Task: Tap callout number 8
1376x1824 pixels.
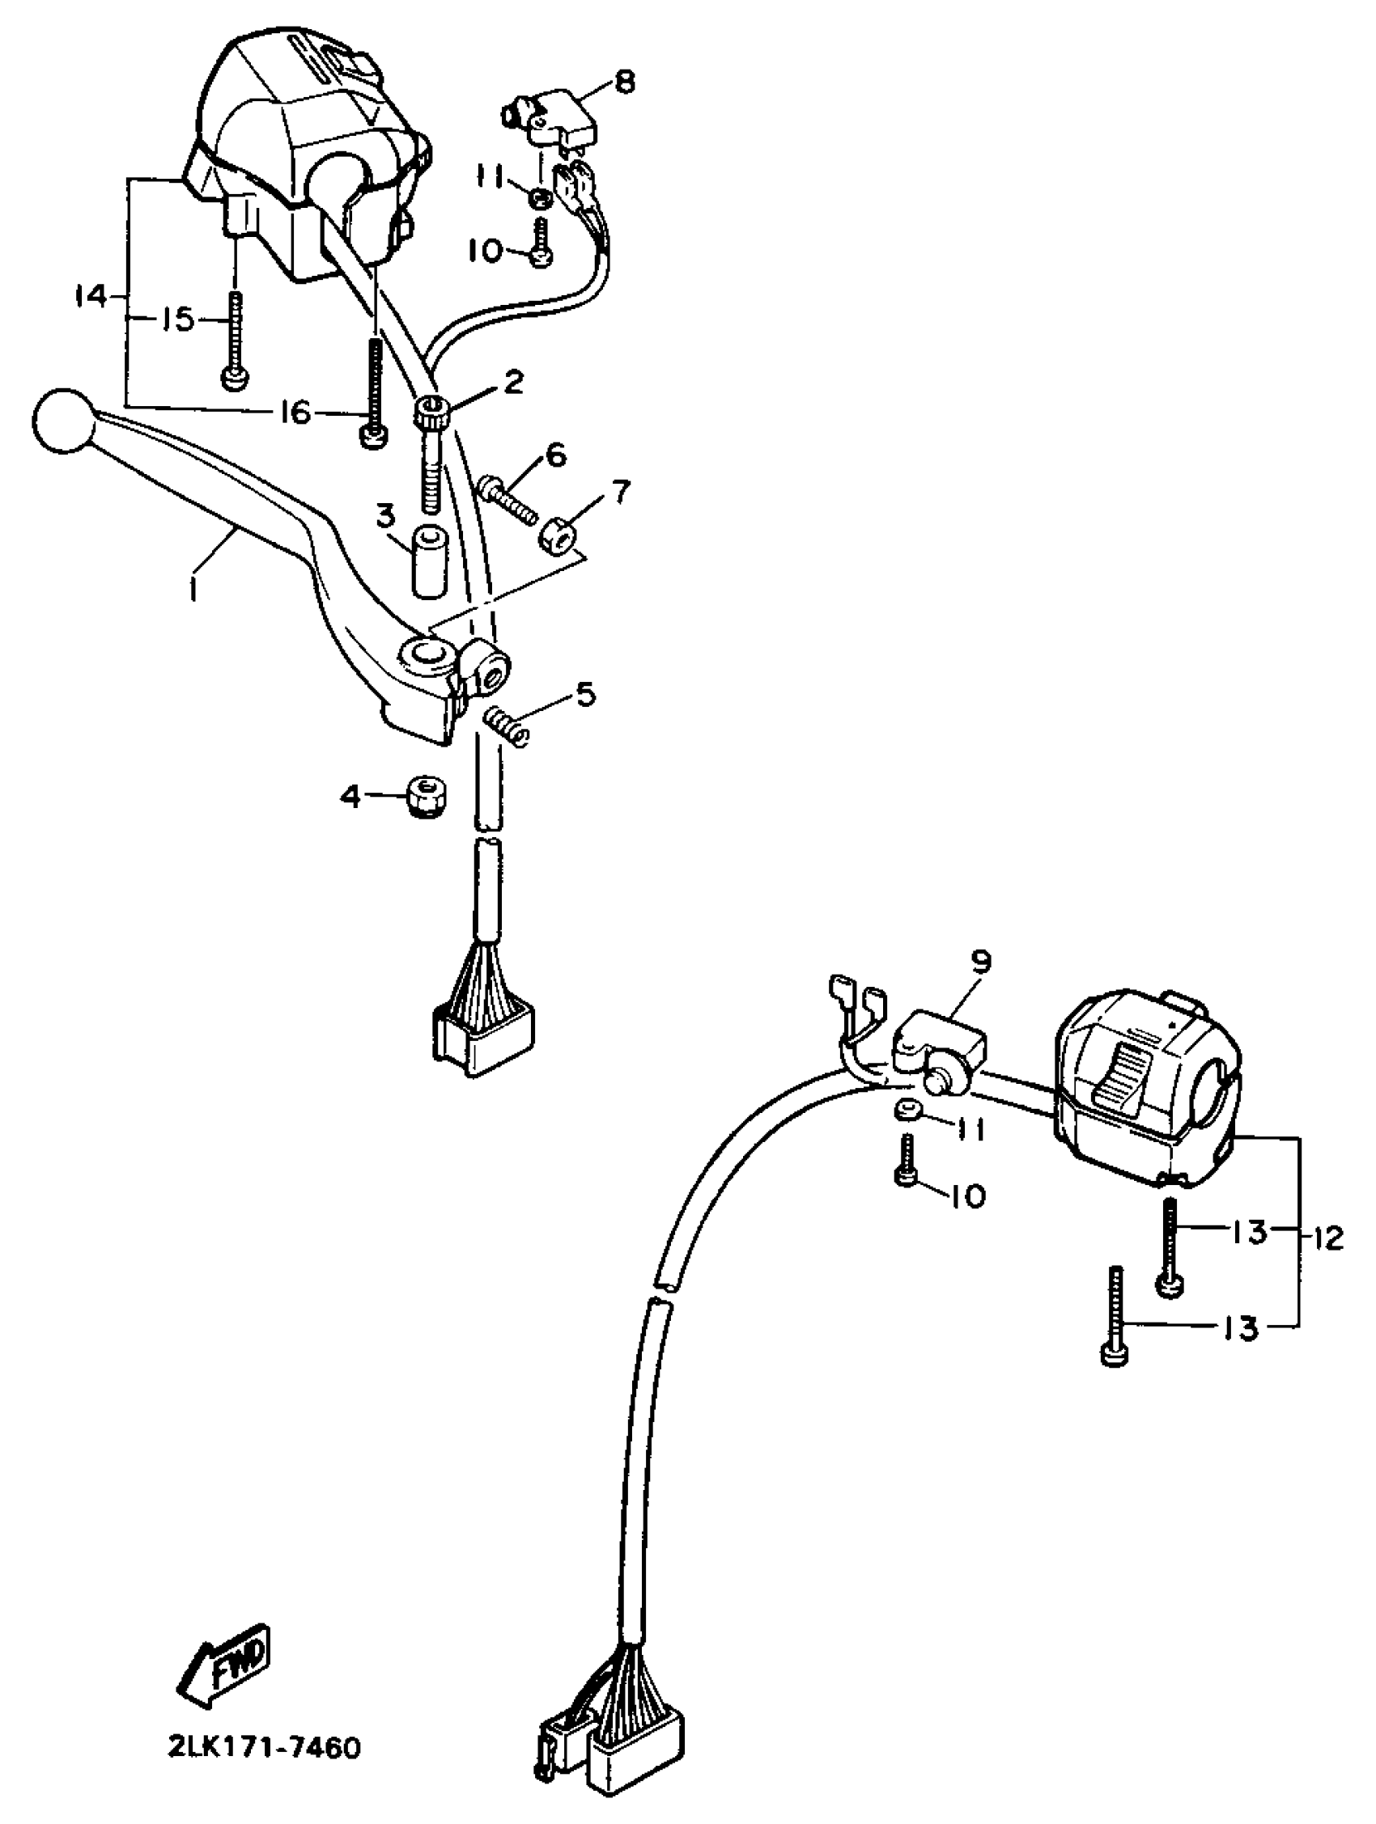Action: [625, 83]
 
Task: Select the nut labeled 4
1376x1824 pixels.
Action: [424, 797]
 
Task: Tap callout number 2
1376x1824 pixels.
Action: [513, 382]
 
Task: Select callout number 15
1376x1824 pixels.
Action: [175, 319]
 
